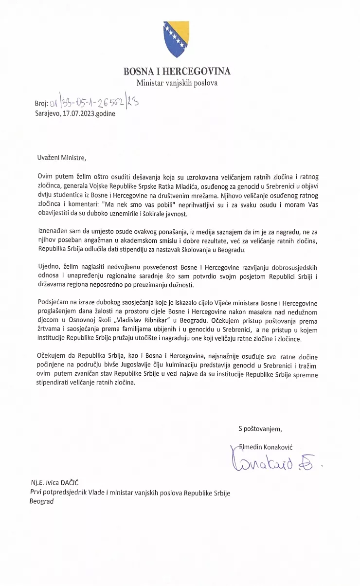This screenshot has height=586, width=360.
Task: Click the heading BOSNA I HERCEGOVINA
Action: [177, 72]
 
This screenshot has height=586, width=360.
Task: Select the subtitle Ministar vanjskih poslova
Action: [177, 83]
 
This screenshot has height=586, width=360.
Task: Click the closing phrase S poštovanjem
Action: [260, 429]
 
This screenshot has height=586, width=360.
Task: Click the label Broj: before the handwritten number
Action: [41, 104]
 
